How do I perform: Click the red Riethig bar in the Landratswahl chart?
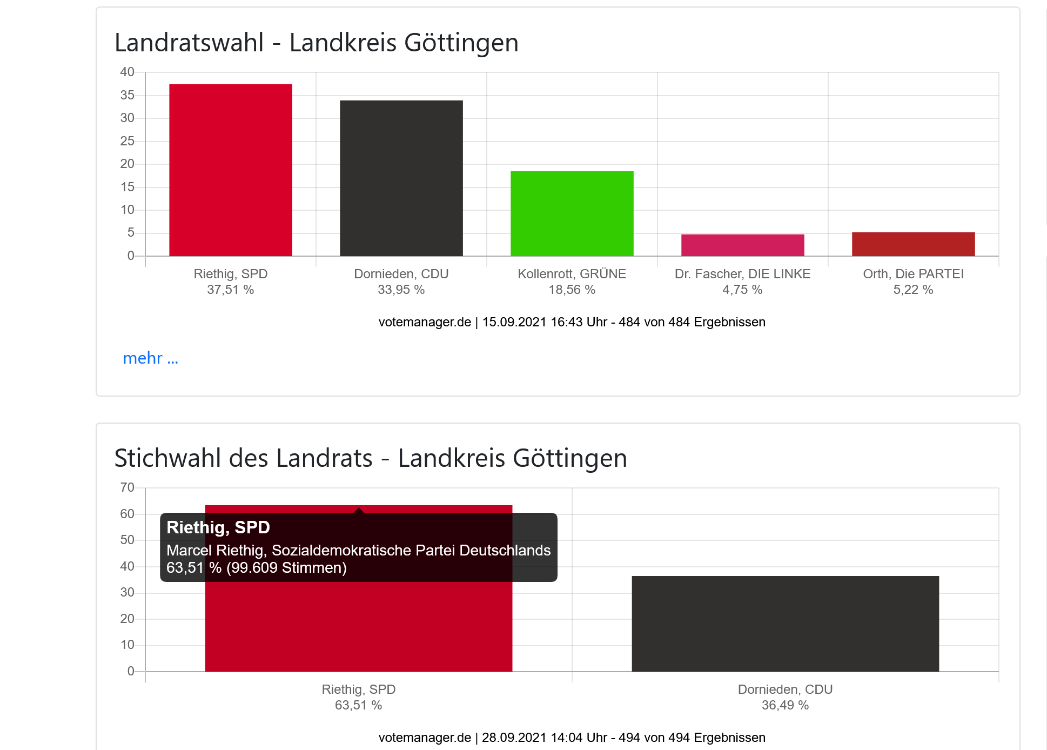[231, 170]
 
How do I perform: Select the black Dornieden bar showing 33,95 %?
[401, 178]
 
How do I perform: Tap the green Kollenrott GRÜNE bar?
[572, 213]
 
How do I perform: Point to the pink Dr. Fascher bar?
[743, 245]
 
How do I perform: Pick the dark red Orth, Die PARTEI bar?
[914, 244]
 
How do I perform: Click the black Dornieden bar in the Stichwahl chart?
[786, 624]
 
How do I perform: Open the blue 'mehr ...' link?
[150, 358]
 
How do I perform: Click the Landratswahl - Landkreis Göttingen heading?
[317, 43]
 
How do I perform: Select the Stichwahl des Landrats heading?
[371, 458]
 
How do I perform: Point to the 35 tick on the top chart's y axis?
[127, 95]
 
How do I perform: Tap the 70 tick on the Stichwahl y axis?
[127, 487]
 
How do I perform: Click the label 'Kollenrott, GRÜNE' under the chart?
[572, 274]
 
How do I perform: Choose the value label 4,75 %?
[743, 290]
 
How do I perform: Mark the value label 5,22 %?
[914, 290]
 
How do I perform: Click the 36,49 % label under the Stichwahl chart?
[786, 705]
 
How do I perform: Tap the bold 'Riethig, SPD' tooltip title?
[218, 527]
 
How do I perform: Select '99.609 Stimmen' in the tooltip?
[286, 568]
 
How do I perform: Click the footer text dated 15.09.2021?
[572, 322]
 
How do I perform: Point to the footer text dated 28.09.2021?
[572, 738]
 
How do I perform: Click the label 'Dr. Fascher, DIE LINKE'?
[743, 274]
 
